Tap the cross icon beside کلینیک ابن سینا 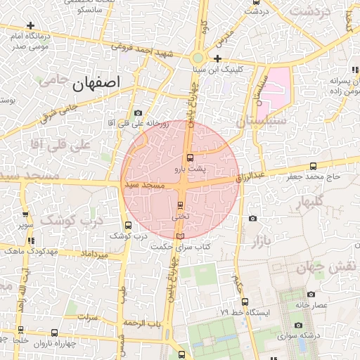click(218, 58)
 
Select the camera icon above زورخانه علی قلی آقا click(138, 112)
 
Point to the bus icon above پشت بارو click(190, 157)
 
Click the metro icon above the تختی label click(181, 205)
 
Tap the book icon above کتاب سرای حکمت click(181, 236)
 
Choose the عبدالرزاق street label click(250, 176)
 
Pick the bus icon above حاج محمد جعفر click(313, 167)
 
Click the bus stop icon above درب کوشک click(127, 226)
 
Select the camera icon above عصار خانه click(311, 295)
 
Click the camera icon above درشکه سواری click(299, 326)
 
